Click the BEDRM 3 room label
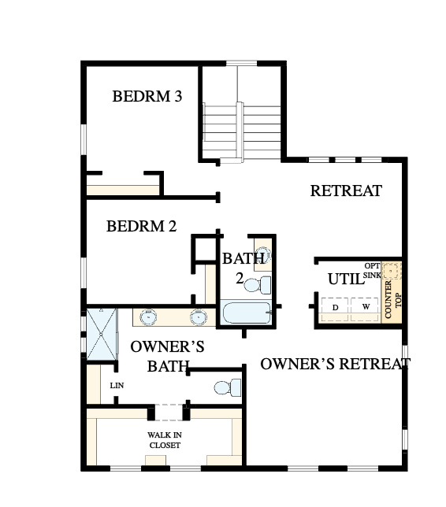point(147,96)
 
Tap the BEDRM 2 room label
point(141,226)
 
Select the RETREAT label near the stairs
point(346,191)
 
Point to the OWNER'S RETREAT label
point(336,364)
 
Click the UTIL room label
point(346,279)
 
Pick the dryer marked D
point(335,309)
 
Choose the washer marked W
point(364,309)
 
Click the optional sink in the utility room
point(392,270)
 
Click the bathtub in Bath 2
point(247,313)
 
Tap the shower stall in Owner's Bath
point(101,334)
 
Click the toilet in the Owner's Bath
point(228,387)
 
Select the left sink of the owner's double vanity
point(149,316)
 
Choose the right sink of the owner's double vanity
point(198,316)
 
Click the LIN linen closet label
point(117,386)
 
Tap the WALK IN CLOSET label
point(165,440)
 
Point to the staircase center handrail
point(240,131)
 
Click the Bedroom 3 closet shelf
point(123,190)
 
